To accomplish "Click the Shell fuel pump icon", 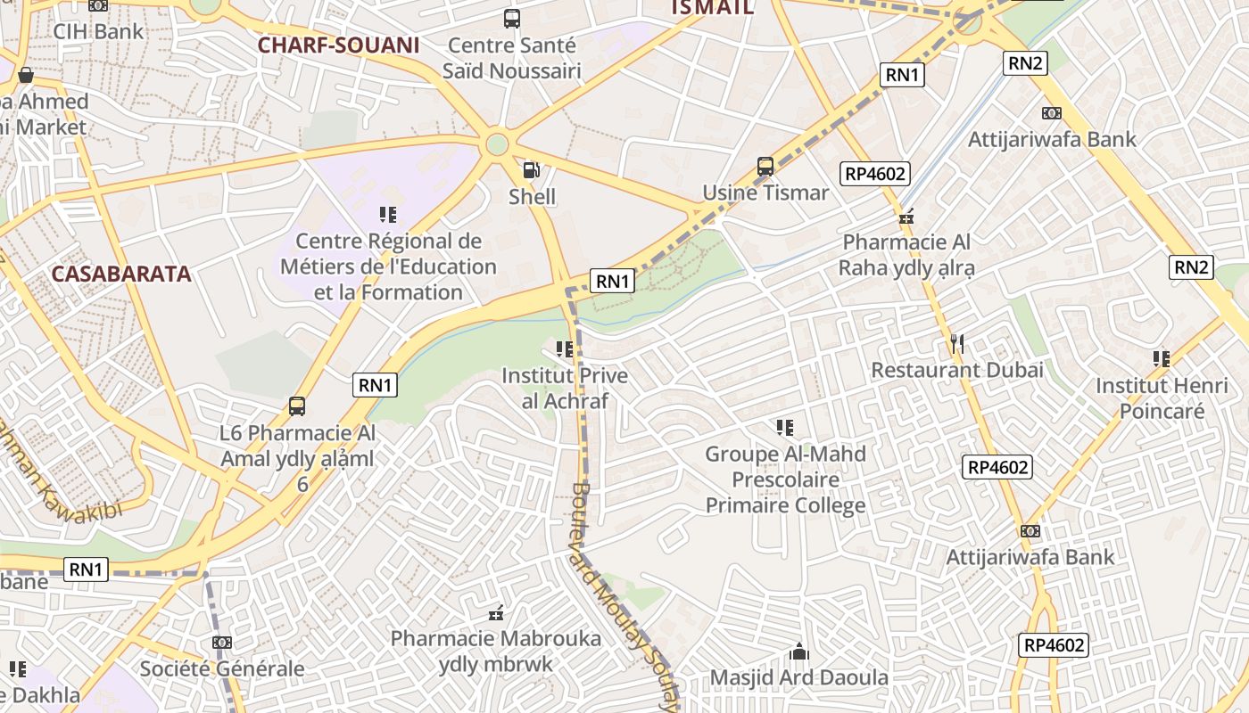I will (531, 169).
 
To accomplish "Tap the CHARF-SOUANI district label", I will (338, 45).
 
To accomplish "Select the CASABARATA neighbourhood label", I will (121, 274).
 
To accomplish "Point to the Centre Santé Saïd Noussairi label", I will (513, 58).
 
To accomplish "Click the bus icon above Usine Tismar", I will (765, 167).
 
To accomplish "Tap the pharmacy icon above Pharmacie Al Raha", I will (906, 216).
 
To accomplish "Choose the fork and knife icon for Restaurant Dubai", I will (957, 343).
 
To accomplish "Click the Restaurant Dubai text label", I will (957, 370).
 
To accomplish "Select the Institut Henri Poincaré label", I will (1162, 398).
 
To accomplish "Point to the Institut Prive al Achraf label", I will (565, 389).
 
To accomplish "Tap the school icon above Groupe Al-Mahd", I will (785, 428).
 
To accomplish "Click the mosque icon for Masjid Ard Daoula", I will (799, 652).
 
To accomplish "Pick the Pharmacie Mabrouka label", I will (496, 652).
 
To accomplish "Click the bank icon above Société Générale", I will (222, 643).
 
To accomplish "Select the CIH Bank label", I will (98, 31).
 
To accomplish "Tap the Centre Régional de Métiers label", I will (388, 266).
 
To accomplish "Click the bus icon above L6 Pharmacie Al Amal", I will (297, 406).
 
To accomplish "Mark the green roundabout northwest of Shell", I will (497, 143).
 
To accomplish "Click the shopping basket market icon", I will (26, 75).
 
